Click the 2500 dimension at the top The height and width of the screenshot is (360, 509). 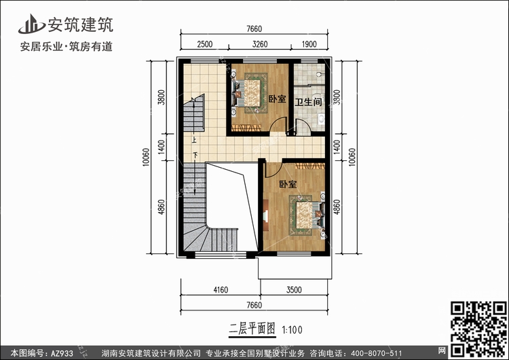(204, 44)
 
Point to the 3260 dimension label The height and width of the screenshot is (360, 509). (260, 44)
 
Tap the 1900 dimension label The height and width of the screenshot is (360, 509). (309, 44)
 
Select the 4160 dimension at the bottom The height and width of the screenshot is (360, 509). (221, 289)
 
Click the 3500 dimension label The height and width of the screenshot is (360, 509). (294, 289)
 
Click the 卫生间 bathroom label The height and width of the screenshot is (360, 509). (308, 102)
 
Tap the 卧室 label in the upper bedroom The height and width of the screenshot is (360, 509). (277, 98)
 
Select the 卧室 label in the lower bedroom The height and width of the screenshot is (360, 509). (288, 184)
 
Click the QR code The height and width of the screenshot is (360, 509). (478, 329)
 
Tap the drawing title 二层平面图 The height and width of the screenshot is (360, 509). (252, 329)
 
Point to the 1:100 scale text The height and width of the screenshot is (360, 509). (292, 330)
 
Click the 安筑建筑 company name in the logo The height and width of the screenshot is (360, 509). (81, 24)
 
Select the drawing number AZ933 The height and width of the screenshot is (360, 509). (62, 353)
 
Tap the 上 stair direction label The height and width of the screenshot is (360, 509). (194, 141)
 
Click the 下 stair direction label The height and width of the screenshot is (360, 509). (195, 155)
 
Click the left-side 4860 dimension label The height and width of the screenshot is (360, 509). (161, 207)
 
